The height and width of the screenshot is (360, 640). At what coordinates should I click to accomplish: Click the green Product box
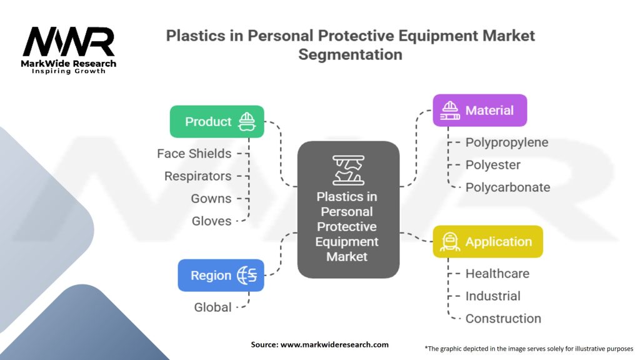tap(216, 121)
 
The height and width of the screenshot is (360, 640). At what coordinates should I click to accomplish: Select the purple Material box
tap(479, 111)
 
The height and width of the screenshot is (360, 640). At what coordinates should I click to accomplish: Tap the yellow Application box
tap(487, 242)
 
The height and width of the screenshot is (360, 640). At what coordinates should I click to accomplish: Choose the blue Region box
tap(221, 276)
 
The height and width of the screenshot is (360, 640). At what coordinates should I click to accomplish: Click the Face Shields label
tap(194, 154)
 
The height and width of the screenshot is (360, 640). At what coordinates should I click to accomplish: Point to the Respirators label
tap(197, 176)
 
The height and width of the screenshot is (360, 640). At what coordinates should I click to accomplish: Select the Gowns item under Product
tap(211, 199)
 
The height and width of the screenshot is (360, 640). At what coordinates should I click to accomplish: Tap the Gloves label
tap(211, 221)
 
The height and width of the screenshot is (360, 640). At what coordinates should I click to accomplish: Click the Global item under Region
tap(212, 307)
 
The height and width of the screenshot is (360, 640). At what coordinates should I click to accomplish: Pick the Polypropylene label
tap(507, 142)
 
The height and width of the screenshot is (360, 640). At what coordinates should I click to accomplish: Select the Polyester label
tap(493, 165)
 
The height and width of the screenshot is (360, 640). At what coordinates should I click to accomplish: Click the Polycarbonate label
tap(507, 187)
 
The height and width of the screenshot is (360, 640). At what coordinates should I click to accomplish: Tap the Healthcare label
tap(497, 274)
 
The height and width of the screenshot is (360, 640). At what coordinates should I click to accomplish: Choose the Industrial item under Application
tap(493, 296)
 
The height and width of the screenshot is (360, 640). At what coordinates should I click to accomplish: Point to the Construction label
tap(503, 319)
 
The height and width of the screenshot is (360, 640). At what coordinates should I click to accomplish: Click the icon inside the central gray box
tap(348, 170)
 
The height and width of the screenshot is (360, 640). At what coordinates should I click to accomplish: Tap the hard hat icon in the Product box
tap(248, 121)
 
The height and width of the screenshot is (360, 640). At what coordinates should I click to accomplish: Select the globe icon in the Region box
tap(247, 276)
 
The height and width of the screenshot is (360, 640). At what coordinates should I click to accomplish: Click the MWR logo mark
tap(69, 42)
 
